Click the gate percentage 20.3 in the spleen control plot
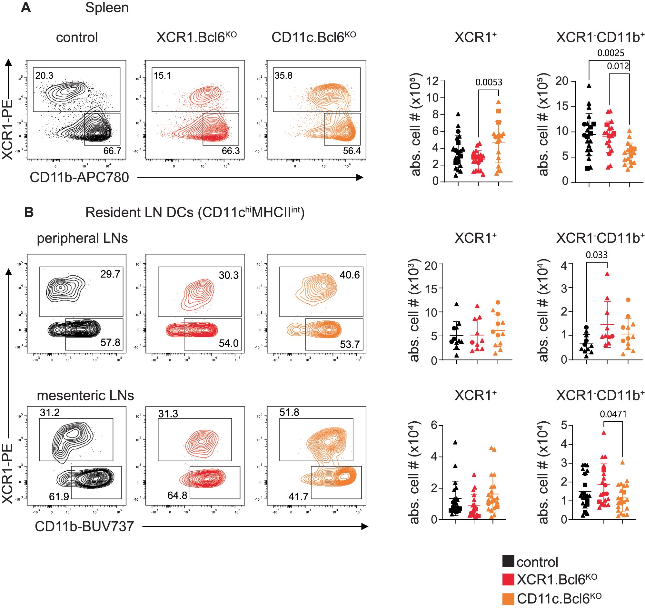click(44, 75)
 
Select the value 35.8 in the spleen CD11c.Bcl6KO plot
click(283, 75)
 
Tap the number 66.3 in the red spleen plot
click(231, 151)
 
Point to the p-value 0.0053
click(489, 82)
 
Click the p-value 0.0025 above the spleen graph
click(610, 53)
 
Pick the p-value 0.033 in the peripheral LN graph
click(597, 255)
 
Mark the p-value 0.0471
click(613, 414)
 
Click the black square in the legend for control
click(508, 561)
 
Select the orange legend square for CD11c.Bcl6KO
click(508, 599)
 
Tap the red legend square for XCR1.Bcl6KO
click(508, 579)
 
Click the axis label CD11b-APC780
click(79, 177)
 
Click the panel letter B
click(29, 212)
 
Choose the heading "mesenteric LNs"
click(85, 396)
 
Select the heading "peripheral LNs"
click(82, 238)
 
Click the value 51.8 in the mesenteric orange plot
click(289, 412)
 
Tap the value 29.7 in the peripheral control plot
click(110, 274)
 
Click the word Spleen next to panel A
click(107, 7)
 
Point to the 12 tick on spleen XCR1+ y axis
click(432, 81)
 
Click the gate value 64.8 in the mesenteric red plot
click(177, 495)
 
